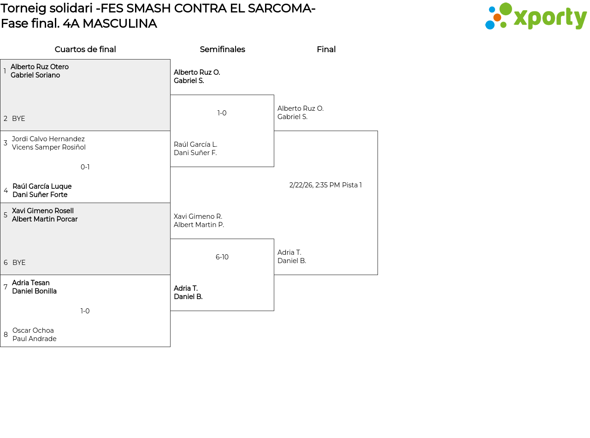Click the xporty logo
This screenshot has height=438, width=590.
click(536, 16)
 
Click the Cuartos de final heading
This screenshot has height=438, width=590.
click(85, 49)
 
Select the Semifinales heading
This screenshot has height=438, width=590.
click(222, 49)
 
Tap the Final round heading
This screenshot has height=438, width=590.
click(326, 49)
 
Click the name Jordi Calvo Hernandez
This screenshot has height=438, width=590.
click(48, 139)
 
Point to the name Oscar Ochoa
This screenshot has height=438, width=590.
click(33, 330)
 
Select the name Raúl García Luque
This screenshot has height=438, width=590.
click(42, 186)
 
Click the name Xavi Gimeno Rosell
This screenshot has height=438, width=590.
click(42, 211)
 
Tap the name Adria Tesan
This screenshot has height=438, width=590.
click(30, 282)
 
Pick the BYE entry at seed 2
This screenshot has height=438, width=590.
click(18, 119)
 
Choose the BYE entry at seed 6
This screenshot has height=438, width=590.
click(19, 263)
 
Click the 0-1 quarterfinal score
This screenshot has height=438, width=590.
click(85, 167)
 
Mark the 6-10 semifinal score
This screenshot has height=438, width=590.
click(222, 257)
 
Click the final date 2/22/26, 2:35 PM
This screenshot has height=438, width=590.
click(314, 185)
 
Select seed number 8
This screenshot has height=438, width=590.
click(6, 334)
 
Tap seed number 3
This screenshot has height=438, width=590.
click(6, 143)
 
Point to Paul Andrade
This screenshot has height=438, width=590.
click(34, 339)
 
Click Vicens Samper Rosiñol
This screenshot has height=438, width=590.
click(49, 147)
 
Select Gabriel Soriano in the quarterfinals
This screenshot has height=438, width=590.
click(35, 75)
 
